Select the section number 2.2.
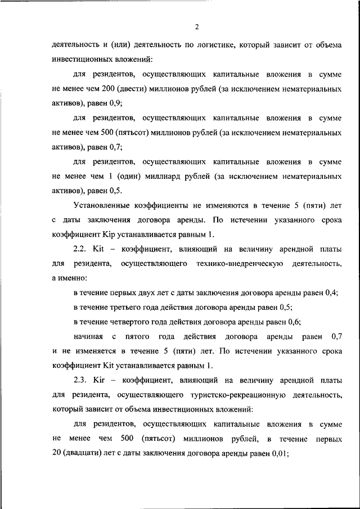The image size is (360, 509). (x=82, y=249)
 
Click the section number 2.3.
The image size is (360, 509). (x=82, y=381)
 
